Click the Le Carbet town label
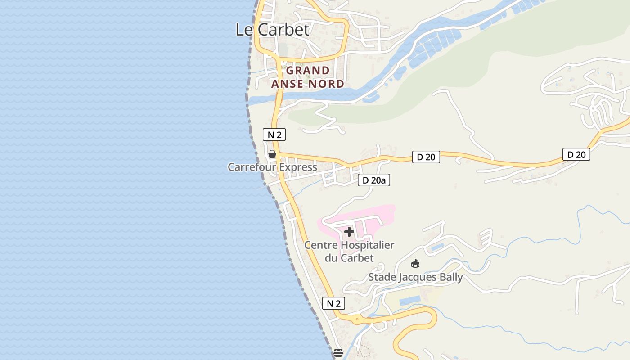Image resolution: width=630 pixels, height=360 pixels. (x=273, y=30)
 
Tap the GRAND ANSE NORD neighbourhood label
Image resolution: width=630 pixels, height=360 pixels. (x=308, y=77)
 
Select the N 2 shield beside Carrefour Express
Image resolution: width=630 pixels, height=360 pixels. (x=274, y=135)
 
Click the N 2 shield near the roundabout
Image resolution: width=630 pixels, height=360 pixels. (x=333, y=303)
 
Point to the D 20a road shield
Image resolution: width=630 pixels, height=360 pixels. (x=373, y=180)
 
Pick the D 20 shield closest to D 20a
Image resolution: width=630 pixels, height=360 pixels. (x=426, y=157)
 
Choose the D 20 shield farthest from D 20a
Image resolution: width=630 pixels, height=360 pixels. (x=576, y=154)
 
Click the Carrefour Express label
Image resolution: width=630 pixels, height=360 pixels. (x=272, y=167)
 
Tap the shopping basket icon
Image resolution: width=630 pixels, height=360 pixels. (x=272, y=154)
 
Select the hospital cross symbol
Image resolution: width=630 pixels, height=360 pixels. (x=349, y=232)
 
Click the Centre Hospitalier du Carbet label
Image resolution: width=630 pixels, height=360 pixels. (x=349, y=252)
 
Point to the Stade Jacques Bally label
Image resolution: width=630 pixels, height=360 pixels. (x=415, y=277)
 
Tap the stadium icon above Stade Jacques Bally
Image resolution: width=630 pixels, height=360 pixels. (x=415, y=264)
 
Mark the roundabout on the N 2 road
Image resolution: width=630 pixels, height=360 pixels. (x=357, y=320)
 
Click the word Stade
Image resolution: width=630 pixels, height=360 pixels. (x=382, y=277)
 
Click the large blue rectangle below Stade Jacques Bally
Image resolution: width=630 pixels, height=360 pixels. (x=409, y=300)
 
